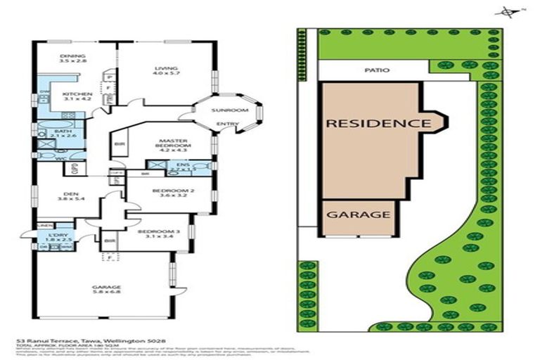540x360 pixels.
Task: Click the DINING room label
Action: click(x=72, y=56)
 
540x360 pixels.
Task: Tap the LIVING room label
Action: click(x=167, y=68)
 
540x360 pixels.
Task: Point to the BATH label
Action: click(x=63, y=131)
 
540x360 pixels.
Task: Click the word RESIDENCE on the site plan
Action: click(x=377, y=124)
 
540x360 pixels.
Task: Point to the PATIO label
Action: click(x=376, y=70)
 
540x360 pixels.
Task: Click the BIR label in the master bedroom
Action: click(x=117, y=146)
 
